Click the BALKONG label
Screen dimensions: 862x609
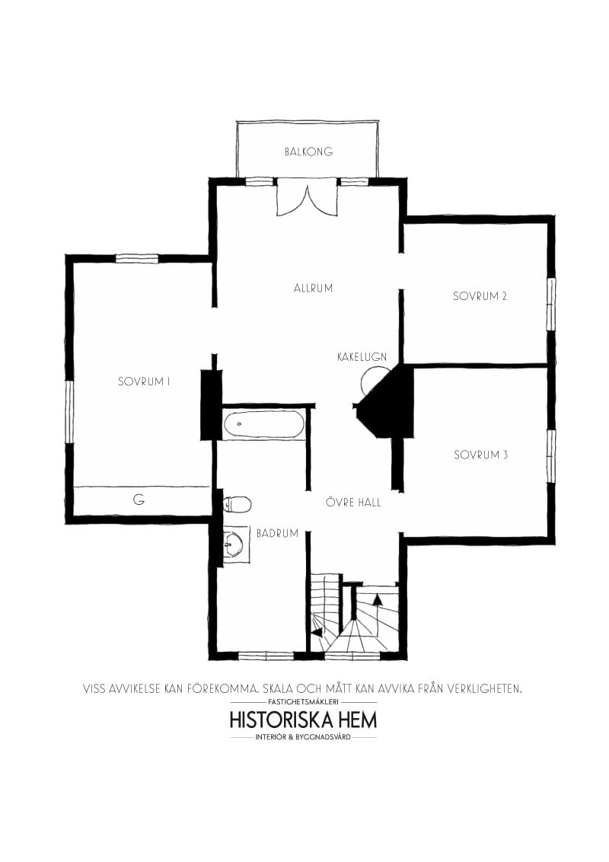(x=308, y=152)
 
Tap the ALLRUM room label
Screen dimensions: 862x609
(x=313, y=288)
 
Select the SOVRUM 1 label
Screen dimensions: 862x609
(x=143, y=382)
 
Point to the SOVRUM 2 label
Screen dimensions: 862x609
(x=480, y=296)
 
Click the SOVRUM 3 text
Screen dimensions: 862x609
(x=480, y=455)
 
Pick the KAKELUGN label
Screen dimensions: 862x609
(x=362, y=356)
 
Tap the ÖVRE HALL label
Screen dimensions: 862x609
(x=353, y=503)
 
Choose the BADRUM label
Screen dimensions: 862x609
(x=277, y=533)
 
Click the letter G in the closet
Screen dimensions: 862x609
(x=139, y=500)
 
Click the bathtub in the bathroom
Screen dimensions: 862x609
(x=263, y=424)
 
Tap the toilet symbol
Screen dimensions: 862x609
(x=238, y=503)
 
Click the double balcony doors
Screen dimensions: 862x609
(x=307, y=197)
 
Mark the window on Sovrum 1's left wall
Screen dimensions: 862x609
(x=69, y=411)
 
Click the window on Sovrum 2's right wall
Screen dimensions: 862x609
(x=550, y=304)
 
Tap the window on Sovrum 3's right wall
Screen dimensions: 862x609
(x=550, y=455)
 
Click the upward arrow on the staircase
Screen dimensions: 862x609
(x=377, y=599)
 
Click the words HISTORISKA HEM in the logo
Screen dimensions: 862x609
(x=303, y=720)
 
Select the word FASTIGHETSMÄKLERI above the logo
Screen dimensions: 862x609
(x=303, y=701)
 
